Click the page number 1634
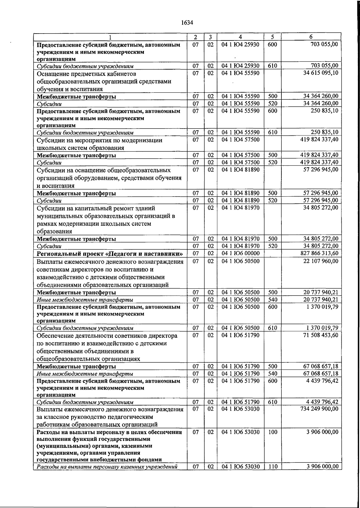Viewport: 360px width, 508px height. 187,23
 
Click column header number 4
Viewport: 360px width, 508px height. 240,37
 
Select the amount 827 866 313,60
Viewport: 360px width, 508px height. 319,253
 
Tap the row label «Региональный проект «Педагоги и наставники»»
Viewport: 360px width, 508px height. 110,254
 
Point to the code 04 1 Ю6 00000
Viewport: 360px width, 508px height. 240,253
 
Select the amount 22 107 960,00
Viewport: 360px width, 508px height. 321,261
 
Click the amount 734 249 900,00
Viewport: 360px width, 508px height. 319,409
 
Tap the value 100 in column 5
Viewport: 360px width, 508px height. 272,432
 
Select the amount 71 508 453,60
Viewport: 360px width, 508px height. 321,335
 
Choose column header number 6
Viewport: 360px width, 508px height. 311,37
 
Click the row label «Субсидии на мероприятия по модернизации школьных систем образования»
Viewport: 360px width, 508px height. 99,144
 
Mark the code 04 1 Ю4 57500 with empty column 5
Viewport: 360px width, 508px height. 240,140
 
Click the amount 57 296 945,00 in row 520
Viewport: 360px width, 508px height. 321,200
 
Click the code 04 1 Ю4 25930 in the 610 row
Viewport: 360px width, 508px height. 240,66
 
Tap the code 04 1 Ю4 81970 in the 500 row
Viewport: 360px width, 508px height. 240,239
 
